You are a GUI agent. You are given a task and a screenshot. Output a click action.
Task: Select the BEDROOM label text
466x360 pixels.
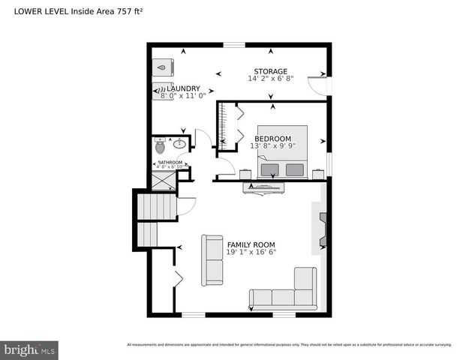pyautogui.click(x=272, y=139)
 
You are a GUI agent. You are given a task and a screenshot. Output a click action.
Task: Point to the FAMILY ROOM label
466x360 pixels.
pyautogui.click(x=251, y=244)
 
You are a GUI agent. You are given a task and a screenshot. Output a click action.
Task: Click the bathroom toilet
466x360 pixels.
pyautogui.click(x=160, y=145)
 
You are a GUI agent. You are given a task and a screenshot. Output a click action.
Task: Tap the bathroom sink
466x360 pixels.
pyautogui.click(x=179, y=142)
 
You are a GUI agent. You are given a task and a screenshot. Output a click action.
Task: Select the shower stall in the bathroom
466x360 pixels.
pyautogui.click(x=164, y=181)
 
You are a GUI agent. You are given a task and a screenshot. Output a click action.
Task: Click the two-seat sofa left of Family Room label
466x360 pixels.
pyautogui.click(x=212, y=259)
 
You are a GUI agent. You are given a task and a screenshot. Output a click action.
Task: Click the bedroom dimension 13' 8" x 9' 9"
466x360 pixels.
pyautogui.click(x=272, y=146)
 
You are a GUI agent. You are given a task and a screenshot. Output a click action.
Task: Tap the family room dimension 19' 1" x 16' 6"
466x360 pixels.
pyautogui.click(x=251, y=253)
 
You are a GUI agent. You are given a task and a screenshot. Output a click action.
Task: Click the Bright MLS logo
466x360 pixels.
pyautogui.click(x=30, y=349)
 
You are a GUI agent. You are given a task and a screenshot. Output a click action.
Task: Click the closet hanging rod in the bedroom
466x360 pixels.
pyautogui.click(x=222, y=124)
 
